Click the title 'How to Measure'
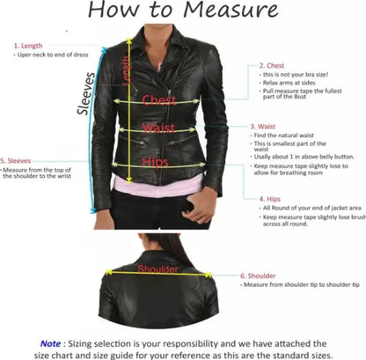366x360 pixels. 183,11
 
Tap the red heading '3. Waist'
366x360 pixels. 265,127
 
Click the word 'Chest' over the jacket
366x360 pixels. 159,100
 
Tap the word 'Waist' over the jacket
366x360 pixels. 158,129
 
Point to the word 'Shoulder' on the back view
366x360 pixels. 158,268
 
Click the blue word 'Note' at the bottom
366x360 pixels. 50,343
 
